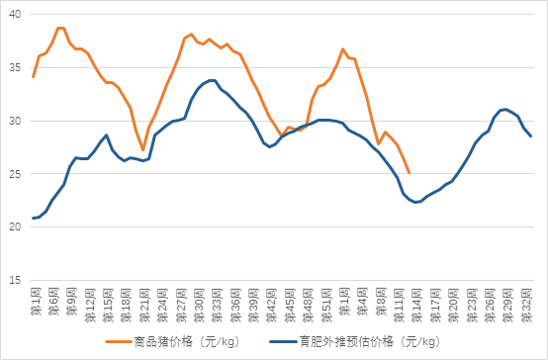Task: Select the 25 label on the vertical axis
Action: tap(13, 174)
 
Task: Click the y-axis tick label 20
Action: tap(13, 226)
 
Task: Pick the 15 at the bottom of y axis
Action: tap(13, 280)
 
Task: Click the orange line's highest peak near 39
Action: tap(60, 28)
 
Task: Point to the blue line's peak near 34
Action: tap(212, 80)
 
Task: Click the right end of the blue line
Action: tap(531, 136)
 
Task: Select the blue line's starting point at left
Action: tap(33, 218)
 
